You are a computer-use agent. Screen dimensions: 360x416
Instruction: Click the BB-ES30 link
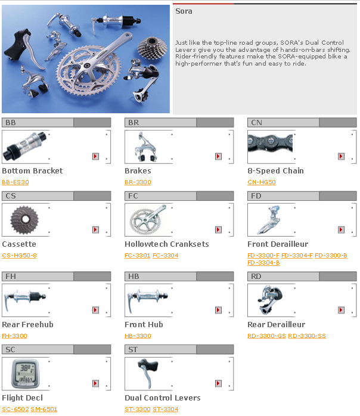click(x=15, y=182)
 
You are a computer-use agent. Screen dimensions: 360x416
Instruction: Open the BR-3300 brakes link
click(x=138, y=182)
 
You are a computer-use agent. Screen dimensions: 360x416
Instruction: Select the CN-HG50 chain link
click(x=262, y=182)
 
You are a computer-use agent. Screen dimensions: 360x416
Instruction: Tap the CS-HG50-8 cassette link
click(x=19, y=256)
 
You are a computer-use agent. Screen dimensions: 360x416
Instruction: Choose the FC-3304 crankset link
click(x=166, y=256)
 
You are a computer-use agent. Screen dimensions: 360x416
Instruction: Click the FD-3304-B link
click(x=263, y=263)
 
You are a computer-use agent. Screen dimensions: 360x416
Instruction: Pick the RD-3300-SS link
click(x=307, y=336)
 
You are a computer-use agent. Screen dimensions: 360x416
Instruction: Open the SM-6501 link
click(x=44, y=409)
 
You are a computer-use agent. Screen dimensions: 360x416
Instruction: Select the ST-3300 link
click(x=138, y=409)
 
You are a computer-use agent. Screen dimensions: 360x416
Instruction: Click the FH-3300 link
click(x=14, y=336)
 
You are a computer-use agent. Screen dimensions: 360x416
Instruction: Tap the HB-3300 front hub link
click(x=138, y=336)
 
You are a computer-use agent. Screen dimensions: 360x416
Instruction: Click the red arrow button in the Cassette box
click(x=95, y=230)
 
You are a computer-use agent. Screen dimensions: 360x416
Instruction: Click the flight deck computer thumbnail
click(x=25, y=374)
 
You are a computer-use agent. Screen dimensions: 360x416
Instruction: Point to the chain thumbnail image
click(x=270, y=143)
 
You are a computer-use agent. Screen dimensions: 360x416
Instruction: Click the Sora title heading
click(x=184, y=11)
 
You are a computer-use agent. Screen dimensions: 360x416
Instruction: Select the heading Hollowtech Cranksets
click(x=167, y=244)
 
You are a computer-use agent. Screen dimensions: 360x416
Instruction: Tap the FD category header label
click(x=256, y=196)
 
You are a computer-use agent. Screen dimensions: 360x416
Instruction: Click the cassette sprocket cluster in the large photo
click(x=152, y=48)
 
